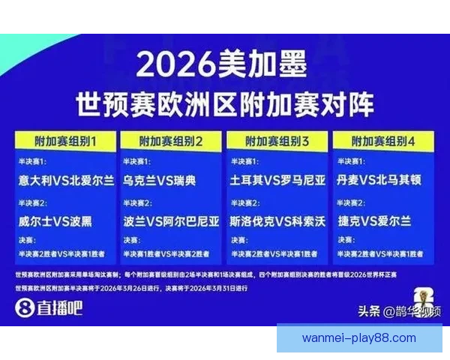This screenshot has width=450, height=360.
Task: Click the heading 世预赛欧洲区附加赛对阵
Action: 224,103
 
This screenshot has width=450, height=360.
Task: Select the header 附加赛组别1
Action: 66,140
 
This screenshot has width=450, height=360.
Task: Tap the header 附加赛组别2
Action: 172,140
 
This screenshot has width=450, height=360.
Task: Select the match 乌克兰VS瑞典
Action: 160,181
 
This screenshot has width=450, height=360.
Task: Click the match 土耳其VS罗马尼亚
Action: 277,181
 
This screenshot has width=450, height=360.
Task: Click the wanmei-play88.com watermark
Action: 358,338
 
